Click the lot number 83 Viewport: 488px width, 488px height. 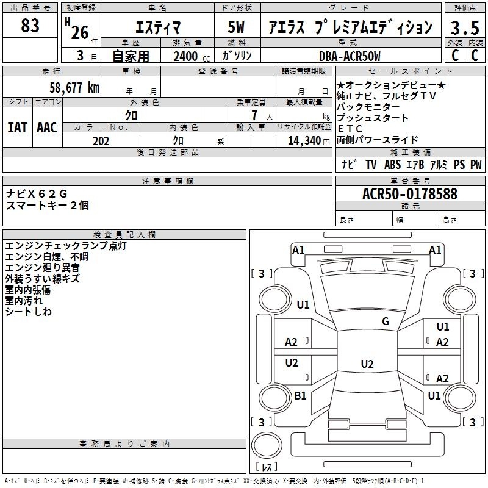[x=30, y=25]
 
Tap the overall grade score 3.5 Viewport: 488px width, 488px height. [x=465, y=27]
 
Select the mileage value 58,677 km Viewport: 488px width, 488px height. [x=74, y=87]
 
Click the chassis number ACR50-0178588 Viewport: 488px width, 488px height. [x=410, y=193]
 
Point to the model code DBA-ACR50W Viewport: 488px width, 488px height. [x=350, y=56]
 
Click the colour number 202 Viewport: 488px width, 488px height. [x=101, y=141]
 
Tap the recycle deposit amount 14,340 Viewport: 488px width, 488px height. [x=304, y=141]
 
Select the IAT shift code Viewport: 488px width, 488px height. [x=17, y=127]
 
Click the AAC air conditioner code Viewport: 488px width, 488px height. [x=47, y=127]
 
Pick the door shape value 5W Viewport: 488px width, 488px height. [x=236, y=27]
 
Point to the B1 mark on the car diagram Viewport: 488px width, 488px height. [x=300, y=395]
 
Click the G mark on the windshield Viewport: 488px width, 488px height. [x=386, y=321]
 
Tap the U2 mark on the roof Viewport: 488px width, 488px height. [x=367, y=364]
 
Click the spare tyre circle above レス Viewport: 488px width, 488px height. [x=267, y=445]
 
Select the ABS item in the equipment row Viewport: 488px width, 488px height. [x=392, y=164]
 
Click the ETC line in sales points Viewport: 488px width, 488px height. [x=350, y=129]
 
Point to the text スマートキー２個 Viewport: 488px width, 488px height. [x=48, y=205]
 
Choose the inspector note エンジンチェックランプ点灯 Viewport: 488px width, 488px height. [x=66, y=246]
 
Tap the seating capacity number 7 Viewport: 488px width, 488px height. [x=254, y=115]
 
